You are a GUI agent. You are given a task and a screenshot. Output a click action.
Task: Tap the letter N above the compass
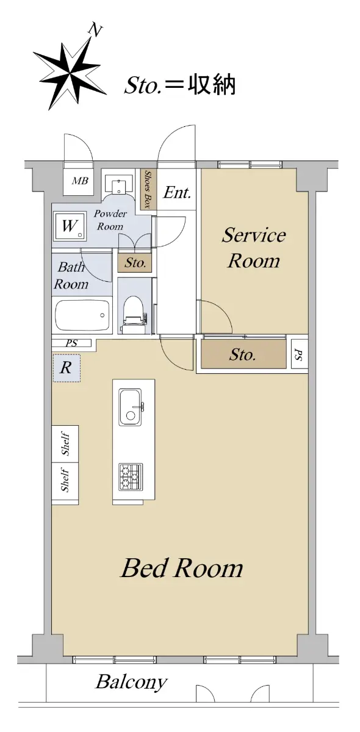click(x=95, y=30)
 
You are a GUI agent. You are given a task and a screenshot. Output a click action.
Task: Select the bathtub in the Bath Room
click(x=82, y=315)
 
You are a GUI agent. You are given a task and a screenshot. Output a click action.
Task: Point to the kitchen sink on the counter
click(x=130, y=407)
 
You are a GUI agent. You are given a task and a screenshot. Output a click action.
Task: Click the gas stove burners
click(x=131, y=477)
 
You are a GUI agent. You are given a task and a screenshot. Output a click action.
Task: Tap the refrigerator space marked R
click(x=67, y=368)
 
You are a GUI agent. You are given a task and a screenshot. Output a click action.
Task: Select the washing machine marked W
click(x=70, y=226)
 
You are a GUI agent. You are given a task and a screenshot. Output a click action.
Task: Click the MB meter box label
click(x=80, y=181)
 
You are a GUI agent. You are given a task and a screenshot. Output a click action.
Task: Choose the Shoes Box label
click(x=148, y=190)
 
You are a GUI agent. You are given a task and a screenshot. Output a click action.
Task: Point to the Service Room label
click(x=254, y=248)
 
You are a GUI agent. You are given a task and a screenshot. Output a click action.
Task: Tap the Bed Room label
click(x=182, y=568)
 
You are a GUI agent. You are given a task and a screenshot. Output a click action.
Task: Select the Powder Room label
click(x=110, y=220)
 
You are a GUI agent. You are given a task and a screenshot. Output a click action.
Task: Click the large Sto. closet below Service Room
click(x=243, y=354)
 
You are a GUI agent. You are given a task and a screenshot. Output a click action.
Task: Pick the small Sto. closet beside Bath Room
click(x=135, y=263)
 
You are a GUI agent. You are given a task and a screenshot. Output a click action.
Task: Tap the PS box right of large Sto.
click(x=299, y=354)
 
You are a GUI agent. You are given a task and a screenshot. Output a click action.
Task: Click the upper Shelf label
click(x=65, y=444)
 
